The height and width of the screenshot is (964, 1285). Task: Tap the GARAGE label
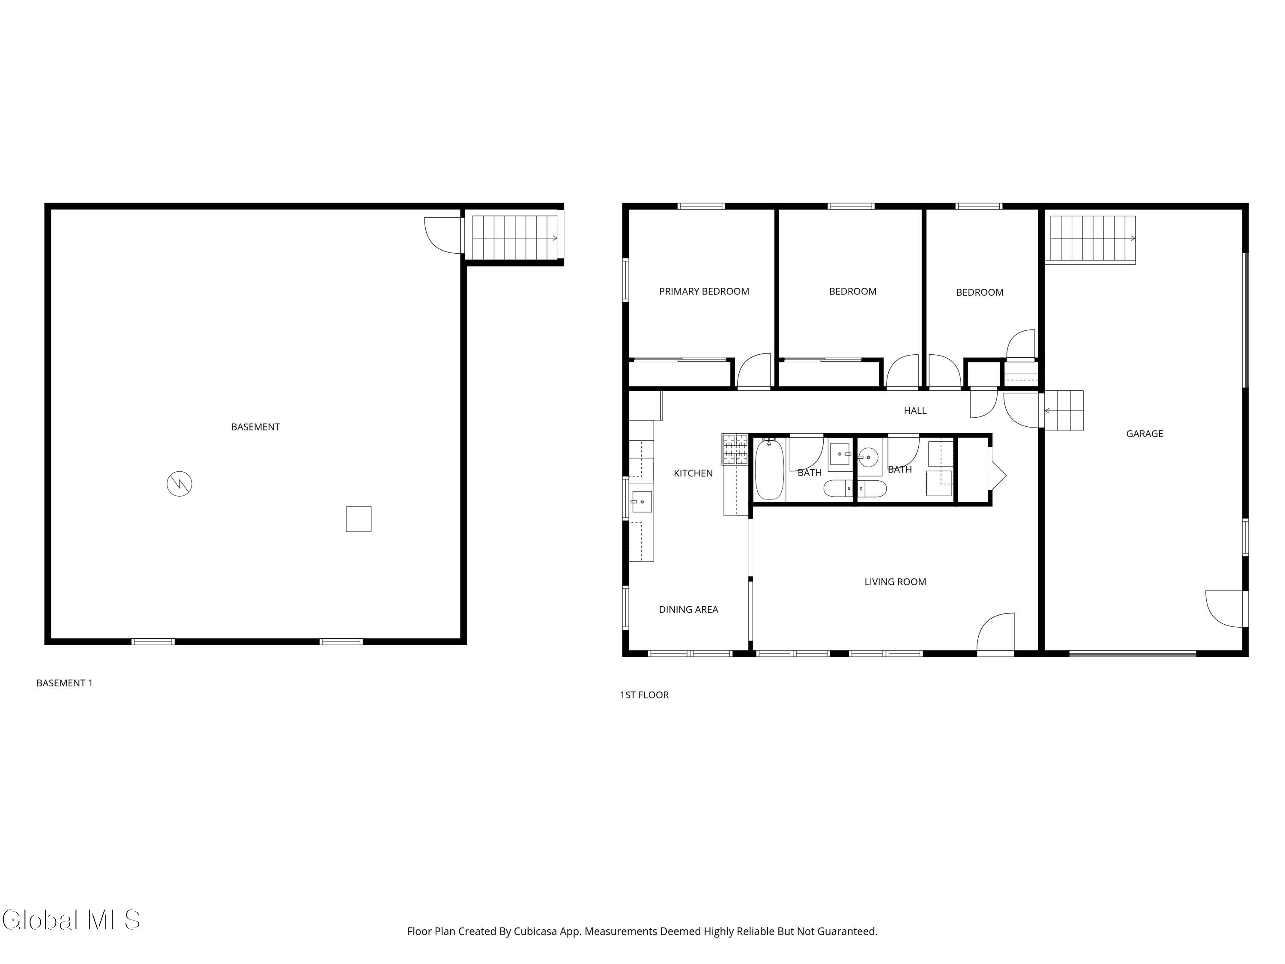[1145, 434]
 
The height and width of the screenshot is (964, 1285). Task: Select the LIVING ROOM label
[895, 582]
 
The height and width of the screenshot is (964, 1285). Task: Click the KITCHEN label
[693, 473]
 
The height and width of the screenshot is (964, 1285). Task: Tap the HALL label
[915, 411]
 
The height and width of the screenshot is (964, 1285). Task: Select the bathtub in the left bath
[770, 469]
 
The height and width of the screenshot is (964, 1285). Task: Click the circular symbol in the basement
[179, 483]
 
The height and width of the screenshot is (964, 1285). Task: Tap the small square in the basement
[359, 519]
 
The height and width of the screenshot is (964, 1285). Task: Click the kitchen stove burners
[735, 449]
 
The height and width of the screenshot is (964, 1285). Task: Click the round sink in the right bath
[868, 457]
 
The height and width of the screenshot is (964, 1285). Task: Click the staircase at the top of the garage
[1093, 239]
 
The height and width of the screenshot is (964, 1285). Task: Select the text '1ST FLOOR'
[644, 695]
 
